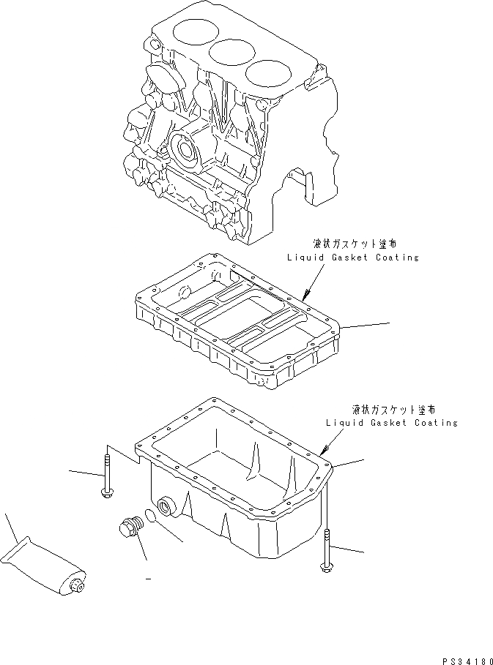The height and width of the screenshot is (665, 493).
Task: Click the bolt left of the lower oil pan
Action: point(107,477)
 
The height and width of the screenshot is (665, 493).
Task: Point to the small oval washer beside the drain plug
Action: point(150,516)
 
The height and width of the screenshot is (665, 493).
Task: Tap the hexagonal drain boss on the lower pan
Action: point(165,505)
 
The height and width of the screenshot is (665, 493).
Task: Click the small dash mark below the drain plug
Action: point(148,579)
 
